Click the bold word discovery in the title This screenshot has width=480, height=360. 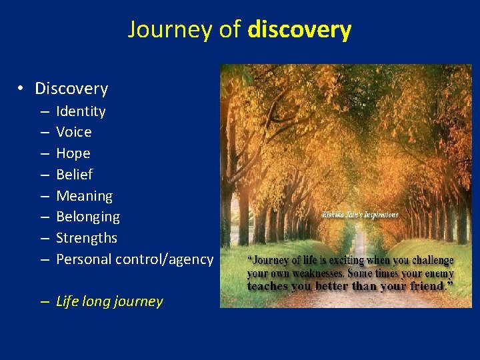299,30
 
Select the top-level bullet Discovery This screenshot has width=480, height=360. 71,89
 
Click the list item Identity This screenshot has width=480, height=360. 81,111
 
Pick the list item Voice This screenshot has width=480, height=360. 74,132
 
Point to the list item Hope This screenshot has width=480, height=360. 73,153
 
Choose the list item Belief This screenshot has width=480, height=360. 75,175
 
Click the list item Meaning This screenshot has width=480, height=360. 85,196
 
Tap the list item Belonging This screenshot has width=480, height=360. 88,217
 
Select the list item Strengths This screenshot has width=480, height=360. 87,238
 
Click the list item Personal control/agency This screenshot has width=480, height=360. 135,259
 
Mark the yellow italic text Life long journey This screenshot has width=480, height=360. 109,301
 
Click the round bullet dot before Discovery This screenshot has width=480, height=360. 22,89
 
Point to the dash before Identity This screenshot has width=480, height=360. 43,111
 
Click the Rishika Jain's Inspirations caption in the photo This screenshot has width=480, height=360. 360,215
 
